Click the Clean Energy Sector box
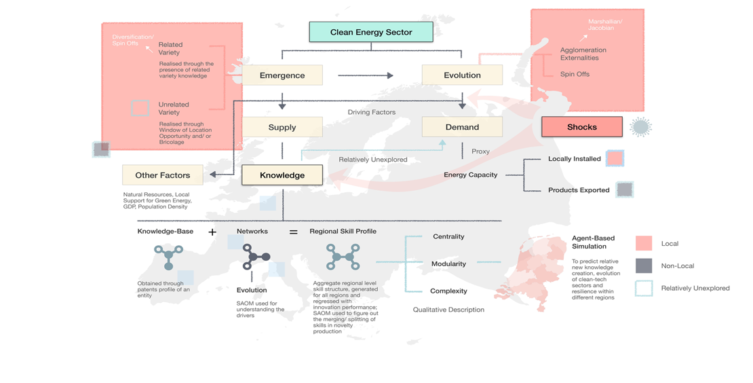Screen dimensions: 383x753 [371, 32]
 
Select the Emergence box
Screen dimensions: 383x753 [282, 75]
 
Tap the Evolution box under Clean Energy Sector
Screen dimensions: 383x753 [462, 75]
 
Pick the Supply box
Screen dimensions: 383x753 [282, 127]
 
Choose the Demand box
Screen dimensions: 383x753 [462, 127]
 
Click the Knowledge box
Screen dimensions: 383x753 [282, 175]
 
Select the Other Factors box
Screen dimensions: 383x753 [163, 175]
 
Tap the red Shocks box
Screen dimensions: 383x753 [582, 127]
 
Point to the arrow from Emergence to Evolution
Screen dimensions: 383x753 [366, 75]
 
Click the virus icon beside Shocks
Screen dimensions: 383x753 [640, 127]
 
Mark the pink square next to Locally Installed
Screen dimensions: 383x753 [615, 159]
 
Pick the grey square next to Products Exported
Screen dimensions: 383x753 [624, 190]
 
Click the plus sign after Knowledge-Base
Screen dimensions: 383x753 [212, 232]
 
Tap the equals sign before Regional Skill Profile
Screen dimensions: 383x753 [294, 232]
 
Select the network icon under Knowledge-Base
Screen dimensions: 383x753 [168, 257]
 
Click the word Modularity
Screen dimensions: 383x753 [448, 264]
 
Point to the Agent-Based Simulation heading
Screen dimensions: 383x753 [594, 242]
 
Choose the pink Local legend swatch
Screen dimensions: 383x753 [644, 243]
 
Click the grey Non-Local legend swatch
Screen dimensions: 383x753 [644, 266]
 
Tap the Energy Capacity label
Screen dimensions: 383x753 [470, 175]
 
